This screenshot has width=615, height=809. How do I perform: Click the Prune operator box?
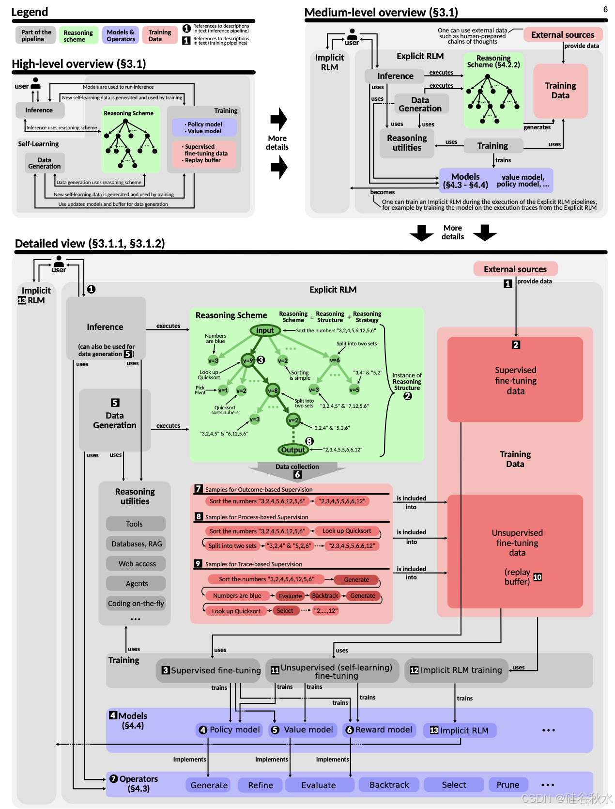[x=508, y=785]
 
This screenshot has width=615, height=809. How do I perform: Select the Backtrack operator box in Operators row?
[x=389, y=785]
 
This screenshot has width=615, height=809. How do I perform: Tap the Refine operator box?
[x=261, y=785]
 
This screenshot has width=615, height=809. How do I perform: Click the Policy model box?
[x=230, y=730]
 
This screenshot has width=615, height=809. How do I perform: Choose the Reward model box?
[x=379, y=730]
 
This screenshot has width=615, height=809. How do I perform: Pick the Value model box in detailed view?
[x=303, y=730]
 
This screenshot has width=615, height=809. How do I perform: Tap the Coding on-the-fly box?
[x=136, y=603]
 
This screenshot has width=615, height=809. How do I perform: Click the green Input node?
[x=265, y=330]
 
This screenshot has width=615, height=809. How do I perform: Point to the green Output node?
[x=293, y=450]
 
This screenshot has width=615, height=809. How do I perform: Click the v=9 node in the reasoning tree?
[x=248, y=360]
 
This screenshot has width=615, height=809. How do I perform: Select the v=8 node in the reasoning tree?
[x=273, y=390]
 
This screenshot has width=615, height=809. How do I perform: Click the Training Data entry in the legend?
[x=160, y=35]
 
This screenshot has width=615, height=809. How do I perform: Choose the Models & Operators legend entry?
[x=121, y=35]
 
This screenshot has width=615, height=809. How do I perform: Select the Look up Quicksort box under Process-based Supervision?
[x=347, y=531]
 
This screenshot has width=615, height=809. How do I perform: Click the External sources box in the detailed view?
[x=515, y=269]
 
